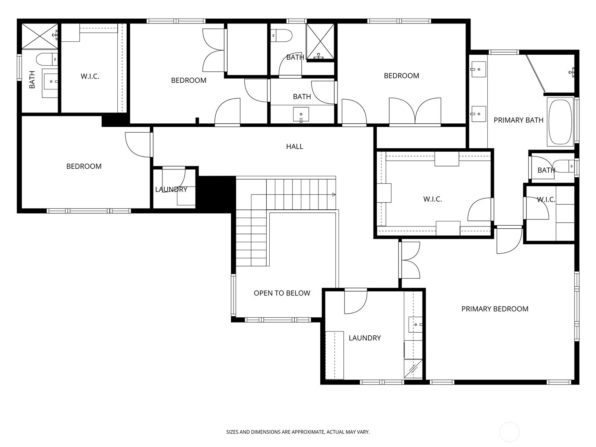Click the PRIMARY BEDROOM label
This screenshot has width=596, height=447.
(495, 309)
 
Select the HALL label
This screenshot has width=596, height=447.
(294, 146)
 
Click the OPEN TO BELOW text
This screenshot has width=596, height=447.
(282, 293)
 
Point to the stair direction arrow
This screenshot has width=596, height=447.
(333, 194)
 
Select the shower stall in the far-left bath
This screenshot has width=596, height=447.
(39, 36)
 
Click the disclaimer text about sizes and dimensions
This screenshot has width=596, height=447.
(298, 432)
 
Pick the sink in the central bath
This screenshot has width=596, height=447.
(301, 114)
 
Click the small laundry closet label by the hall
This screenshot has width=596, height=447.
(171, 189)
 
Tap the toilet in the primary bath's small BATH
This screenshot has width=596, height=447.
(562, 166)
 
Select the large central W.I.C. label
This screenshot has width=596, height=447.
(432, 199)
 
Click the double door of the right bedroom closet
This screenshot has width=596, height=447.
(415, 111)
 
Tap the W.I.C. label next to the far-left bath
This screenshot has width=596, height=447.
(90, 76)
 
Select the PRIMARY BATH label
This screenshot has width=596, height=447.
(518, 120)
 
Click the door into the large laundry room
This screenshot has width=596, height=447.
(355, 301)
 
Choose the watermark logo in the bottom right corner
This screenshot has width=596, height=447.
(509, 432)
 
